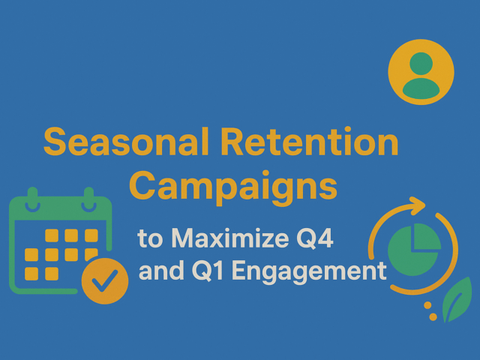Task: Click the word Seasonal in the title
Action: point(112,143)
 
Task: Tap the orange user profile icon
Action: point(421,72)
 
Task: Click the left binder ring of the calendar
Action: point(31,198)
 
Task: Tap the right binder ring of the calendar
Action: point(89,198)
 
